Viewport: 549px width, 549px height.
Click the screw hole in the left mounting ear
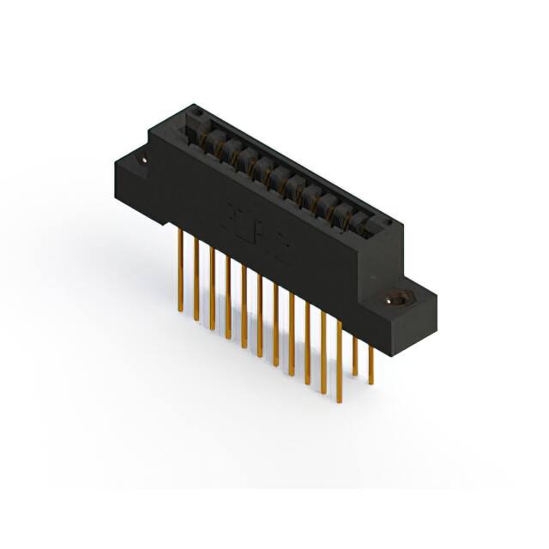143,160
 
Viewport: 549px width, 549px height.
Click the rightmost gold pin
371,361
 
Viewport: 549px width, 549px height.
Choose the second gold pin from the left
196,283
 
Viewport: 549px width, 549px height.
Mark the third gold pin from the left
212,292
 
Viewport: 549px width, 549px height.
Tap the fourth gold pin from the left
227,300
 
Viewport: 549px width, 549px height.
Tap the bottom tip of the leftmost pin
181,309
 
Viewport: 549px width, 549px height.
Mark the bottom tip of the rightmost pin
371,383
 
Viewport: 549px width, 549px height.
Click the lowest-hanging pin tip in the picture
323,393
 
